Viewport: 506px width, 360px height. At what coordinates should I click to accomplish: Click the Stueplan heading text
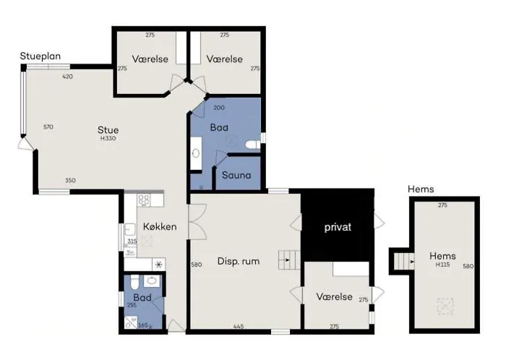click(x=40, y=56)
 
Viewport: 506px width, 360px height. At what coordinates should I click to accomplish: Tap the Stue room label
click(x=108, y=130)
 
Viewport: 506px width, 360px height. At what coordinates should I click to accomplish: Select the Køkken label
click(x=160, y=226)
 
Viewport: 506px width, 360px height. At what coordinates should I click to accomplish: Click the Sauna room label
click(x=236, y=175)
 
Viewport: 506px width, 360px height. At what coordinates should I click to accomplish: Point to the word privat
click(x=338, y=227)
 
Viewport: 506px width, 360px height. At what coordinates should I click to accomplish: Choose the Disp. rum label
click(x=239, y=261)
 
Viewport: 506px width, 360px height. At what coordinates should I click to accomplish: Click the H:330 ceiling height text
click(x=108, y=138)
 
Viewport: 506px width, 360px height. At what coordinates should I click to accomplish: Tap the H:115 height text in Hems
click(x=442, y=265)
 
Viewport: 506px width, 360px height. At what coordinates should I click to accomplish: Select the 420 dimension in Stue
click(x=67, y=77)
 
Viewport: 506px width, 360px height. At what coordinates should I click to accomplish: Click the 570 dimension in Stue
click(x=48, y=127)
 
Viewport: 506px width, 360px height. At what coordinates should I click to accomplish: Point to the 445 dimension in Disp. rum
click(x=239, y=327)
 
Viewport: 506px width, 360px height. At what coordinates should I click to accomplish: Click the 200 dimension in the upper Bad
click(x=219, y=108)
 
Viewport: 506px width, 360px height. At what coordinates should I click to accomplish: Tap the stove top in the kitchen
click(x=144, y=200)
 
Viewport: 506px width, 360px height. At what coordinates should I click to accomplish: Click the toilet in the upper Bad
click(x=253, y=145)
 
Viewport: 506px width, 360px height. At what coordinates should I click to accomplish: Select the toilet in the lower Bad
click(x=135, y=282)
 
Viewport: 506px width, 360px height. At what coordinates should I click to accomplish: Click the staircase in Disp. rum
click(x=289, y=260)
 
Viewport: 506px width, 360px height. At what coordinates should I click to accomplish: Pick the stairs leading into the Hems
click(x=404, y=261)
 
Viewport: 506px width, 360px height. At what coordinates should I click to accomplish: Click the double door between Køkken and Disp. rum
click(x=197, y=222)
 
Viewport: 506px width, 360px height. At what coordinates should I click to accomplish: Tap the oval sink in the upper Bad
click(x=196, y=153)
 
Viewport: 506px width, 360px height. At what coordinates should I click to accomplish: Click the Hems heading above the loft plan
click(x=421, y=189)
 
